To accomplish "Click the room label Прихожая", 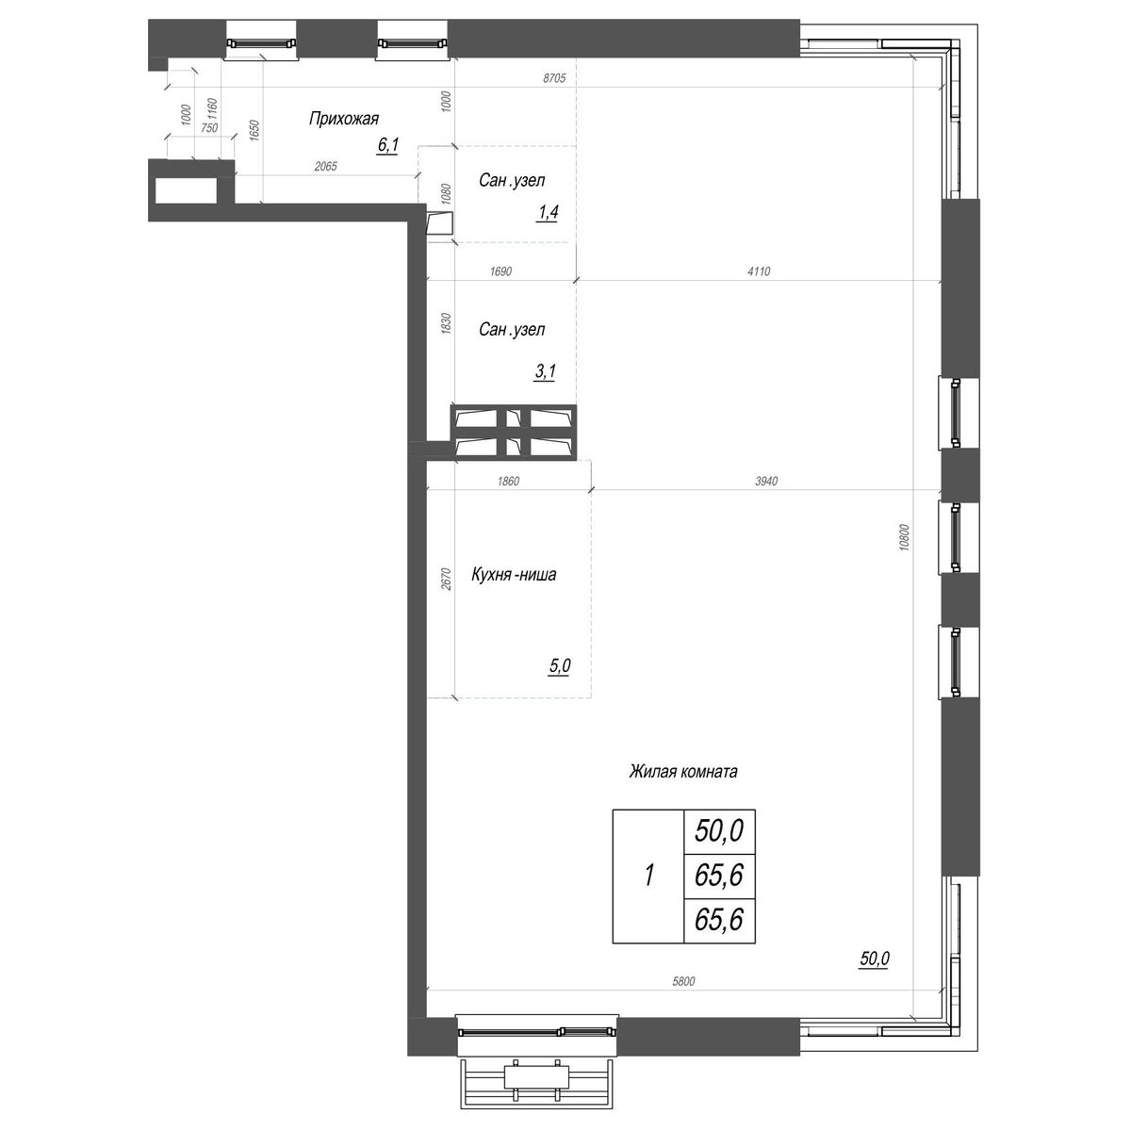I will (x=343, y=119).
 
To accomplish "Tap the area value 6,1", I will (x=387, y=145).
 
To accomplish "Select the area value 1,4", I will (x=547, y=213).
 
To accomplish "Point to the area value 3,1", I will (x=545, y=372).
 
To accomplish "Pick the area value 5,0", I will (x=559, y=666).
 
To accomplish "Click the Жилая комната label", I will (x=682, y=772).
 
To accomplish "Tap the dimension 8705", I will (x=553, y=78).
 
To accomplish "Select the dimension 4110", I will (x=759, y=272).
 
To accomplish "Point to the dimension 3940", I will (x=765, y=482).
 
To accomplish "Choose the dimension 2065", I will (x=325, y=166).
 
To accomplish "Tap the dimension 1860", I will (x=506, y=482).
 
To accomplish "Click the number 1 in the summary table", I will (x=648, y=876).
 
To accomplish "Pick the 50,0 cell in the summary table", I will (x=719, y=830).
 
